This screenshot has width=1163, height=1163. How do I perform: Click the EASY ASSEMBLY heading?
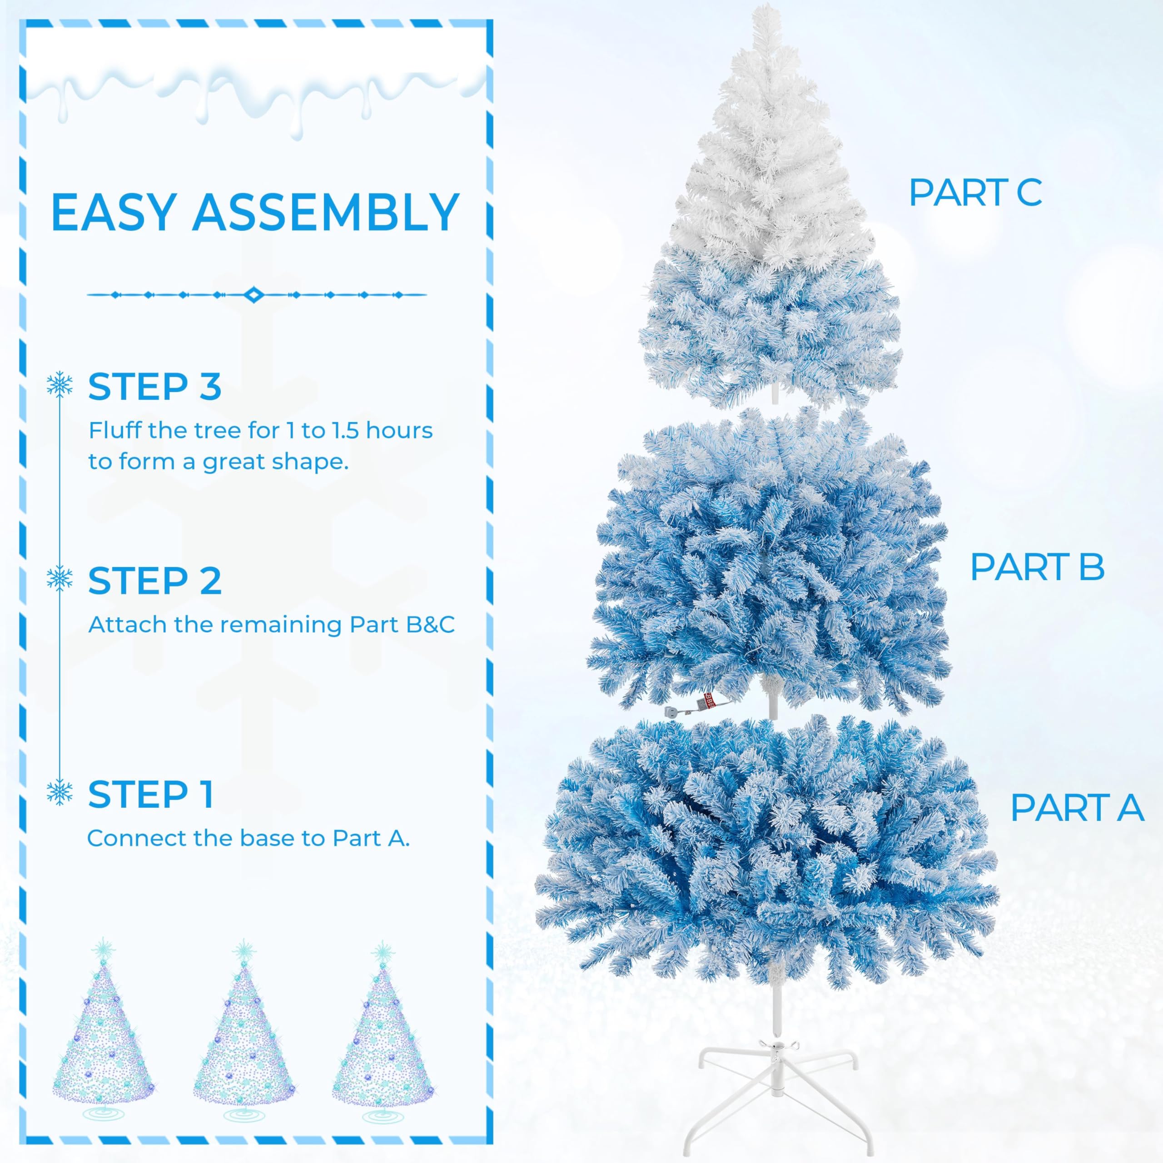[x=255, y=213]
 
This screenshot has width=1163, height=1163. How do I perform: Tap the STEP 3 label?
[x=155, y=387]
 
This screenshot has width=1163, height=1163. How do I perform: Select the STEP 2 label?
[x=155, y=581]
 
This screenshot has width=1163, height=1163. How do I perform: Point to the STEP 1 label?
[x=150, y=795]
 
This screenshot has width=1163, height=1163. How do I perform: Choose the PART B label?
[x=1037, y=567]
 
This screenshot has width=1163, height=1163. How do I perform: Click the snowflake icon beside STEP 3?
[x=60, y=385]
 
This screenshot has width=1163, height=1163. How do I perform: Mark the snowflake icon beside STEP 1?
[x=60, y=792]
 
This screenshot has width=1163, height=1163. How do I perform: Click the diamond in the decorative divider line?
[x=253, y=295]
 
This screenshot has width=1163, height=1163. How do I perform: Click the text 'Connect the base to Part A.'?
[x=248, y=839]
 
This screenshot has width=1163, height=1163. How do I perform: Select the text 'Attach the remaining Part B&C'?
[x=271, y=625]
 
